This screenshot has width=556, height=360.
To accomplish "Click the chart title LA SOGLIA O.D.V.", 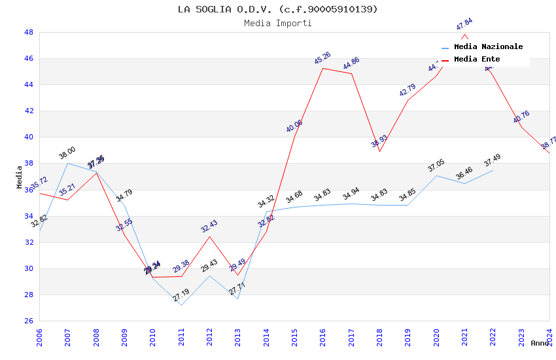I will click(278, 9).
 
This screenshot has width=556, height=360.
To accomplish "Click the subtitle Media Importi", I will click(278, 23).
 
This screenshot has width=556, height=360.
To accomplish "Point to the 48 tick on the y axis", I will click(29, 32).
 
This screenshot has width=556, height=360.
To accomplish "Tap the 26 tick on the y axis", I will click(29, 321).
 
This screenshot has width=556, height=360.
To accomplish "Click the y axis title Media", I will click(20, 177).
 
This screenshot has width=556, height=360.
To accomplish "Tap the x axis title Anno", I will click(540, 343).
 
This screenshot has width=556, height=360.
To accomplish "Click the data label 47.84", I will click(464, 24).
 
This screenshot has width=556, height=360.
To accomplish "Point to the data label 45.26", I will click(322, 58).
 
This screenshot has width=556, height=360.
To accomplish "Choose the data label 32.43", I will click(209, 226).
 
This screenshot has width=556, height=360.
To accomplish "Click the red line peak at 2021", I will click(464, 33).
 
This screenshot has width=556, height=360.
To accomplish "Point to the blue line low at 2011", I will click(181, 305).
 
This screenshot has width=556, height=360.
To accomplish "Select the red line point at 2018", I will click(379, 151).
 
